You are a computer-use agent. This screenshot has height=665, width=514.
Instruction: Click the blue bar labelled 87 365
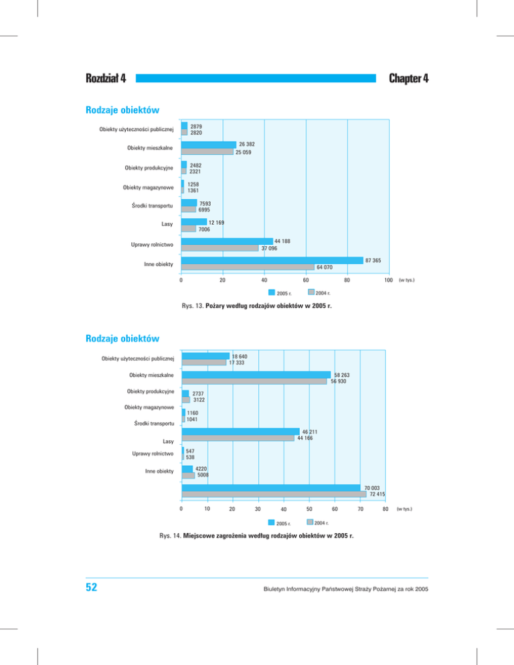point(272,260)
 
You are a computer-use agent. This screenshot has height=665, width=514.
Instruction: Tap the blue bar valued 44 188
point(227,241)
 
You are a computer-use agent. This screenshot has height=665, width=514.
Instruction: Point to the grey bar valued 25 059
point(207,152)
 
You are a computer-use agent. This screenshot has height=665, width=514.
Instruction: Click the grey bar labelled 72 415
point(274,494)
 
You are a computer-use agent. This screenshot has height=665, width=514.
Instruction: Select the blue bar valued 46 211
point(240,432)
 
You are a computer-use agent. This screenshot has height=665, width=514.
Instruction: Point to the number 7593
point(207,203)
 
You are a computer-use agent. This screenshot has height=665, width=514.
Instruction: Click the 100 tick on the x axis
point(387,281)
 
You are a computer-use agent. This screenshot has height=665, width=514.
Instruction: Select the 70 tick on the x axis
point(360,510)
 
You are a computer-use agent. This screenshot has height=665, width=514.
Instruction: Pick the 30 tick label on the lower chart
point(258,510)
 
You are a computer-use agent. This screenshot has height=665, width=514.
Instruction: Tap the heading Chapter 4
point(408,79)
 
